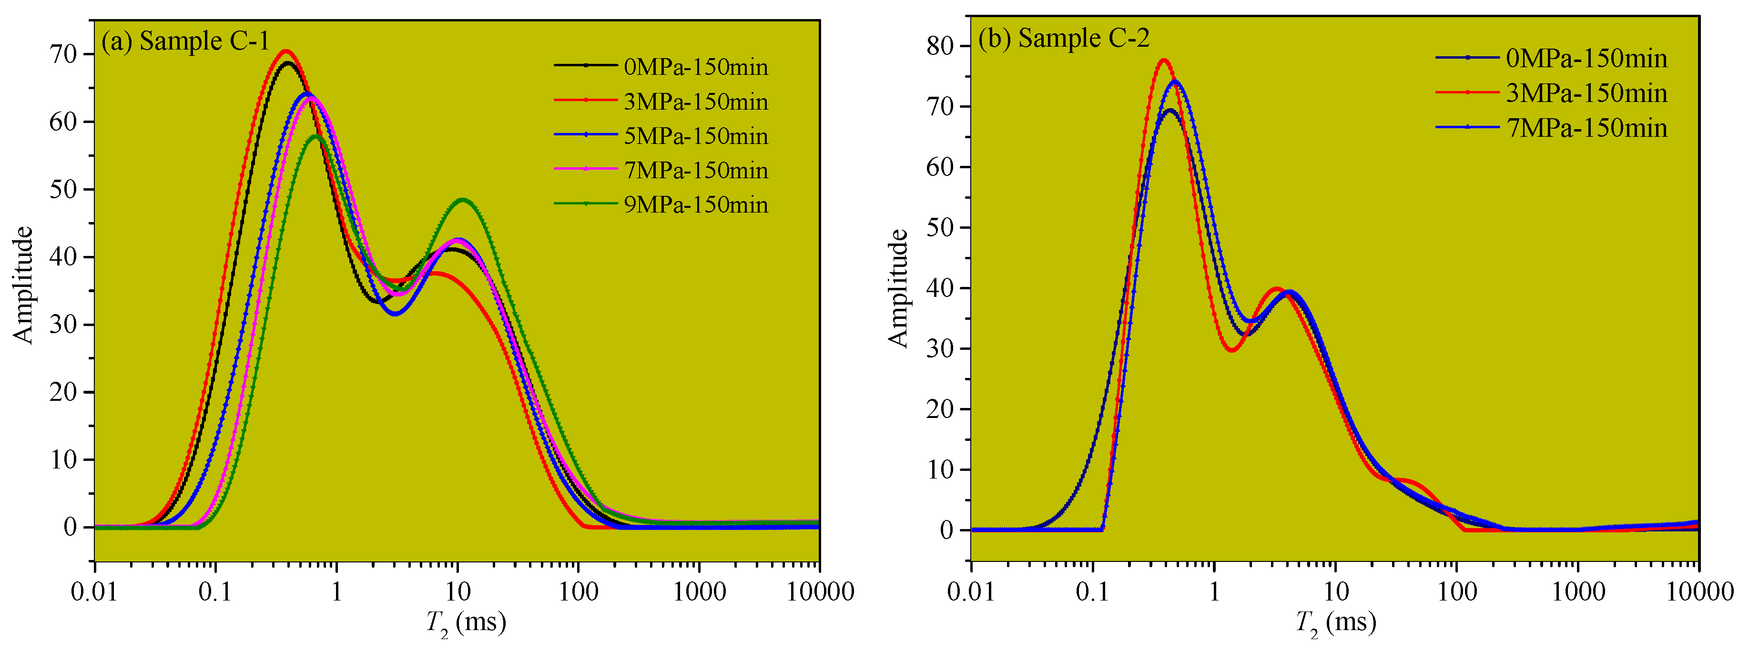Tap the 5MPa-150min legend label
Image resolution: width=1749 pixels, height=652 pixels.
pyautogui.click(x=695, y=136)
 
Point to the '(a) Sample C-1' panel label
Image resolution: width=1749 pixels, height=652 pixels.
pyautogui.click(x=185, y=41)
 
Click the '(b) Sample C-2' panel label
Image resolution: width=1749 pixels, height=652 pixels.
pyautogui.click(x=1063, y=38)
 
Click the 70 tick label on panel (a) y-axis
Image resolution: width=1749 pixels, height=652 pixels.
pyautogui.click(x=63, y=54)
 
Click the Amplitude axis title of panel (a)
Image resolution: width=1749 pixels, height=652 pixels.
pyautogui.click(x=24, y=285)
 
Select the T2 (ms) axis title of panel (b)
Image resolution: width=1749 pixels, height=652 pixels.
pyautogui.click(x=1335, y=622)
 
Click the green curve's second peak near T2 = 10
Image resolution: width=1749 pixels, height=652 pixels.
pyautogui.click(x=462, y=200)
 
